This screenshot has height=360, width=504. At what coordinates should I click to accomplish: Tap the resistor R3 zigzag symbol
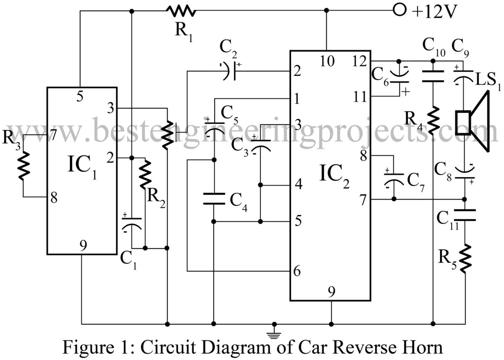(x=24, y=165)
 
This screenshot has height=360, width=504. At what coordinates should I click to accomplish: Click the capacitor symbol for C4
(x=214, y=199)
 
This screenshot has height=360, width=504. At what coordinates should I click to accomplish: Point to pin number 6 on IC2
(x=297, y=271)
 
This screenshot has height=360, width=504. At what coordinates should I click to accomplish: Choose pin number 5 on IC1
(x=80, y=96)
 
